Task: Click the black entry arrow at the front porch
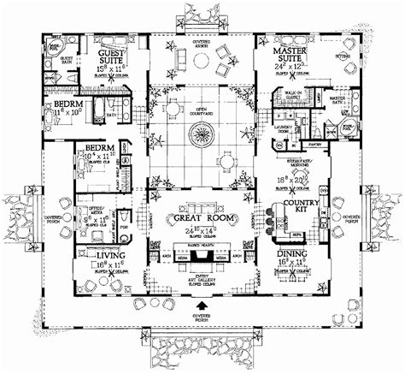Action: (x=202, y=305)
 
